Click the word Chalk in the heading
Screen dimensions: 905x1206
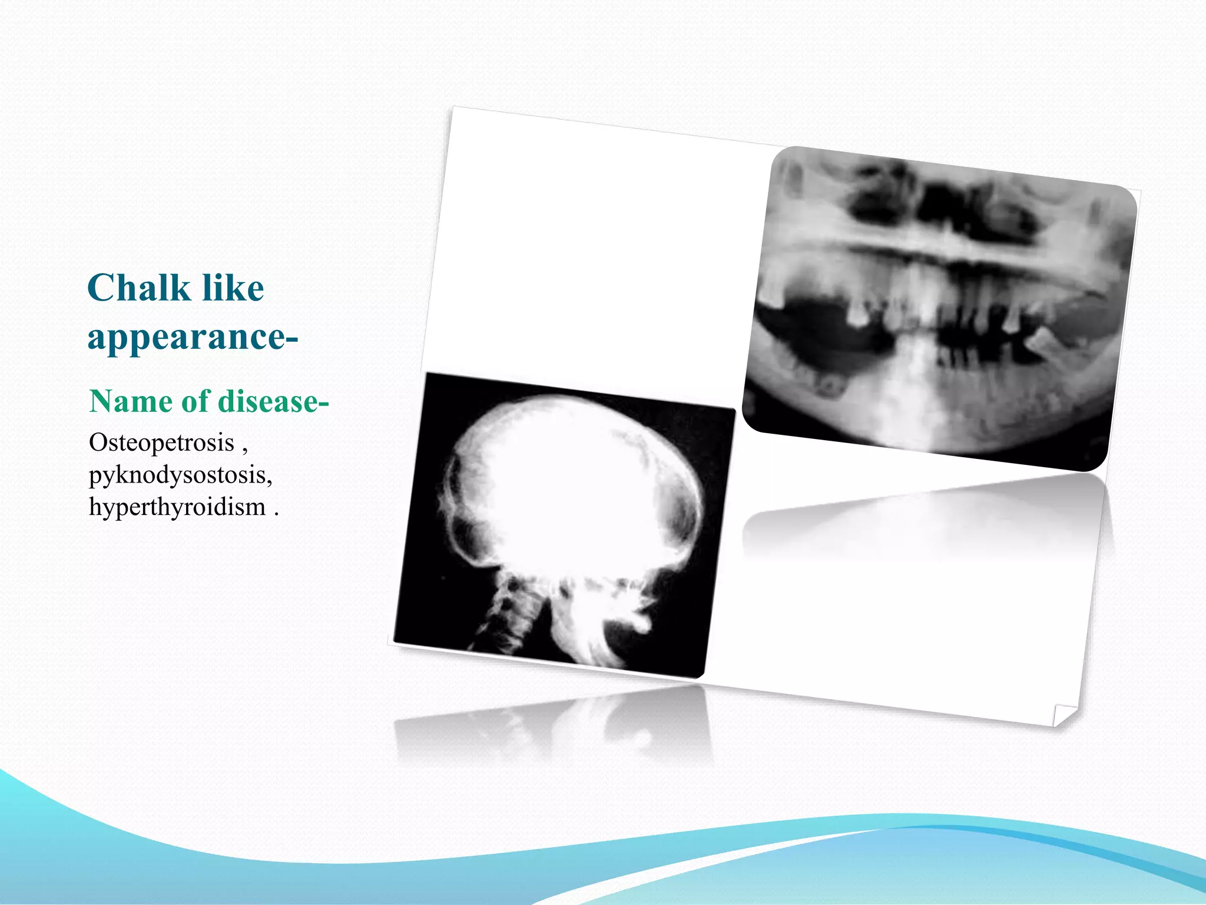(138, 288)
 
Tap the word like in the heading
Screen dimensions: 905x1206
(233, 288)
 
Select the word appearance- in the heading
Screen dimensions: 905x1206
(193, 338)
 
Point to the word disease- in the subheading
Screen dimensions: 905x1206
(273, 402)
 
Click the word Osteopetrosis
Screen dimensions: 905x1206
(161, 442)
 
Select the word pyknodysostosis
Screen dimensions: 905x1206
(179, 475)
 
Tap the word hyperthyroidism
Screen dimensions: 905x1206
(177, 507)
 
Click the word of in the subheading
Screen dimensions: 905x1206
(195, 402)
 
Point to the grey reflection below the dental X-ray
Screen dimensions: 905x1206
(925, 518)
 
